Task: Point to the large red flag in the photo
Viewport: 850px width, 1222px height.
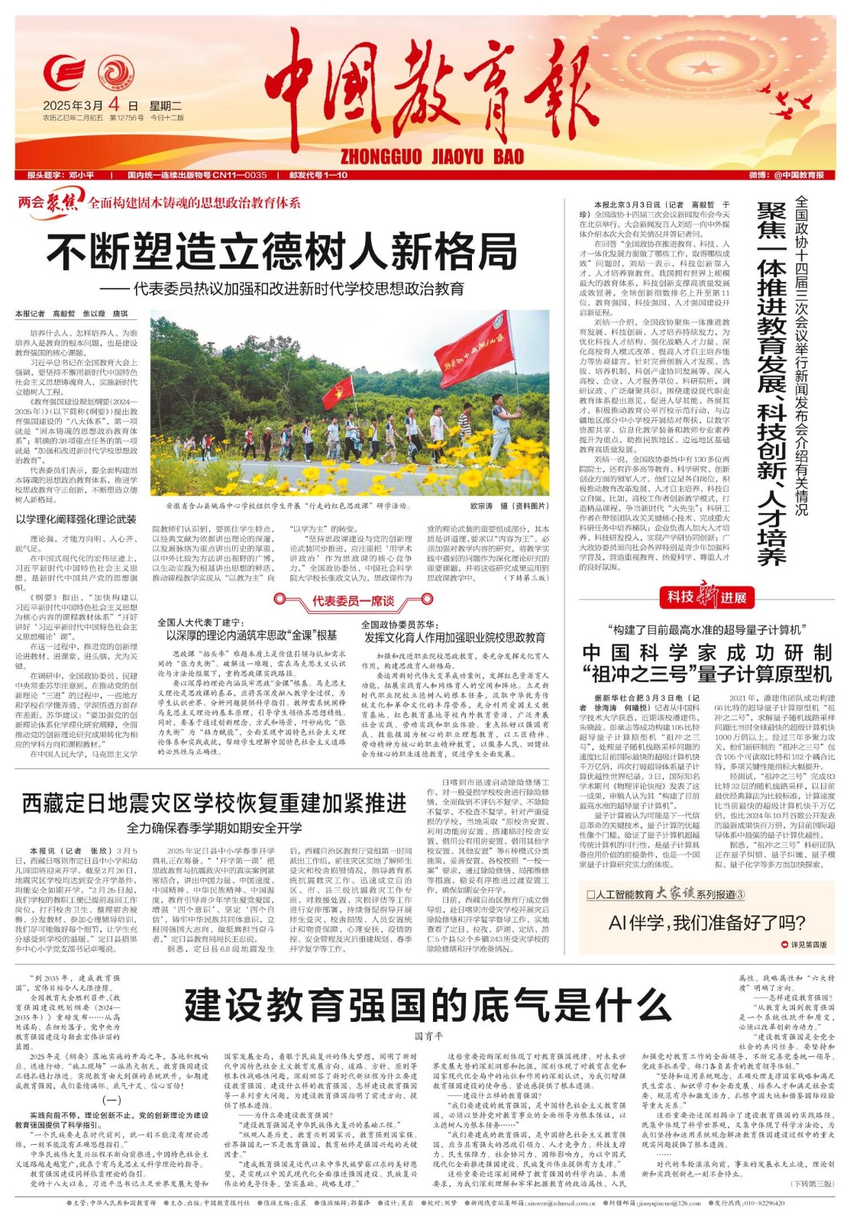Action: (x=473, y=348)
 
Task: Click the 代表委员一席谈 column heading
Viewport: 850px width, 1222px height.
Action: (x=353, y=602)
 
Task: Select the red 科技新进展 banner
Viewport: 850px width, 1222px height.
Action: (x=706, y=597)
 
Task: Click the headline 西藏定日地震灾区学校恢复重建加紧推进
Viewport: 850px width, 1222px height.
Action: (x=214, y=804)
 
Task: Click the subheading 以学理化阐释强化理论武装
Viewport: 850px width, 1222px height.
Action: (x=76, y=519)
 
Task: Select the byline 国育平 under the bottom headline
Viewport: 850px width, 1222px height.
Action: (x=428, y=1036)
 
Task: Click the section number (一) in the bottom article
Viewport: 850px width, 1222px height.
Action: (x=112, y=1101)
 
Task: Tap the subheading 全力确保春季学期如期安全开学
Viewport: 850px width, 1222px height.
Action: (x=214, y=828)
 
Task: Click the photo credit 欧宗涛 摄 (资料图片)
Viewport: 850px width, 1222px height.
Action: (x=509, y=506)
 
